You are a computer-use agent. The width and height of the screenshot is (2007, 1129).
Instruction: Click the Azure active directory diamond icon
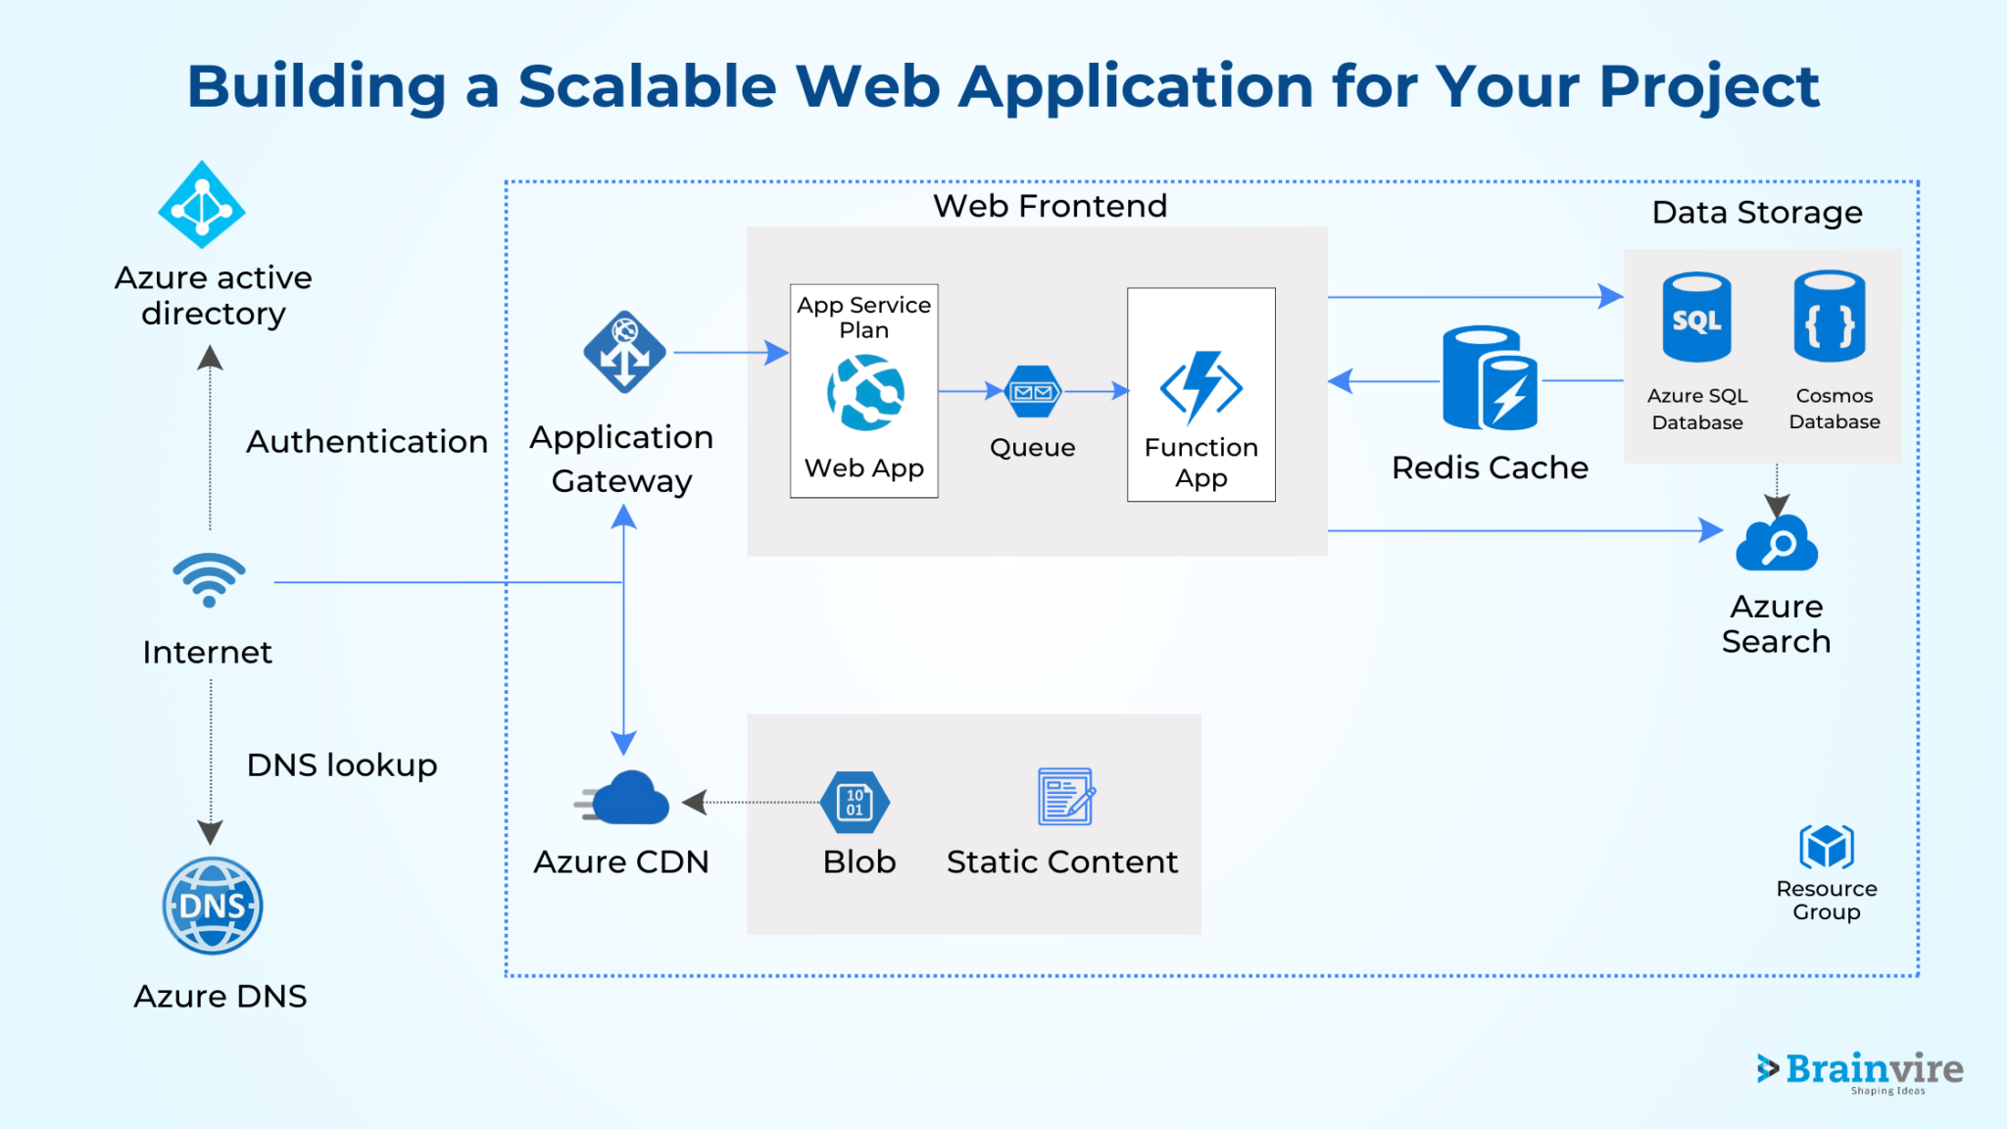(x=202, y=205)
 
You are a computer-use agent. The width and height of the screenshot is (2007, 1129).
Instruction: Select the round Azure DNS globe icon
(x=213, y=906)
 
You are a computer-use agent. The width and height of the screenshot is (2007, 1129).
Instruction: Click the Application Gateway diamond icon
(x=624, y=353)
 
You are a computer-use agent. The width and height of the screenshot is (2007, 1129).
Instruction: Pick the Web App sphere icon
(x=865, y=393)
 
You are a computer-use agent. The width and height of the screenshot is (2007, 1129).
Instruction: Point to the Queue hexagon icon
(x=1033, y=392)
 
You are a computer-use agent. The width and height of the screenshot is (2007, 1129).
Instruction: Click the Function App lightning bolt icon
(x=1201, y=387)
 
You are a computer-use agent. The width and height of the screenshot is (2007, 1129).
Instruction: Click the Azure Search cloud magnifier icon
(x=1776, y=545)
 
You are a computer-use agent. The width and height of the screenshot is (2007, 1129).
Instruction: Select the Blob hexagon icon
(x=856, y=802)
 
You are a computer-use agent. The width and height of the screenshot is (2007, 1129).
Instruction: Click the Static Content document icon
(x=1065, y=797)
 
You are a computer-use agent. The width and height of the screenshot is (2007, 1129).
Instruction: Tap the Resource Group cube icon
(x=1826, y=846)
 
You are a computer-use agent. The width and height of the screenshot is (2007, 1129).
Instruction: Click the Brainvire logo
(x=1860, y=1070)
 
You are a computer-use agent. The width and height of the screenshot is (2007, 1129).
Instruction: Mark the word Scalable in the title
(x=647, y=86)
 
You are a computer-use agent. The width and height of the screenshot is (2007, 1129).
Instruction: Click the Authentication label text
(x=367, y=442)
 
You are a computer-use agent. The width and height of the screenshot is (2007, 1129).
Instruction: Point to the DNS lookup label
(x=341, y=765)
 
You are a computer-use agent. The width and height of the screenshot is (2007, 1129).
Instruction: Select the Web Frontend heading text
(x=1050, y=207)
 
